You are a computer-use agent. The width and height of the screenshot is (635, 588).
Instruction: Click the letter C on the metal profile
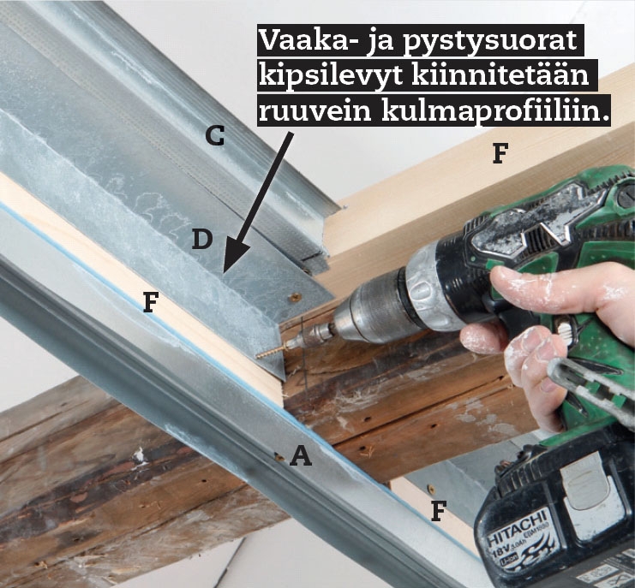pyautogui.click(x=214, y=135)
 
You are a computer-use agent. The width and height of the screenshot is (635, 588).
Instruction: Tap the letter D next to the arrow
pyautogui.click(x=202, y=239)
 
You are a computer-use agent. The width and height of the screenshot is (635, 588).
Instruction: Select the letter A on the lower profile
pyautogui.click(x=301, y=455)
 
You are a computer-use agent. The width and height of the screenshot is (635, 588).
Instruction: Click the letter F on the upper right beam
pyautogui.click(x=500, y=153)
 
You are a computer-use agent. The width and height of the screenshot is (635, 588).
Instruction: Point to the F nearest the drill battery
pyautogui.click(x=439, y=511)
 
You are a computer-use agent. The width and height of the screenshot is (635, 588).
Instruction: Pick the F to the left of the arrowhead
pyautogui.click(x=151, y=302)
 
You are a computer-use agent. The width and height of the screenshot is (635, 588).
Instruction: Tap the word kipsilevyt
pyautogui.click(x=331, y=75)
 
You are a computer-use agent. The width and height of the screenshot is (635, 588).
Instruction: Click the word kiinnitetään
pyautogui.click(x=500, y=74)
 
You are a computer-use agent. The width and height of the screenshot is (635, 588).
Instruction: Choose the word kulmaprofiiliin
pyautogui.click(x=494, y=111)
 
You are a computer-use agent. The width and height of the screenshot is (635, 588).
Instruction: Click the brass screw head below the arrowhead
pyautogui.click(x=296, y=298)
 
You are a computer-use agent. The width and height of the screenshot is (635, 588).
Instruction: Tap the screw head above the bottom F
pyautogui.click(x=431, y=489)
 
